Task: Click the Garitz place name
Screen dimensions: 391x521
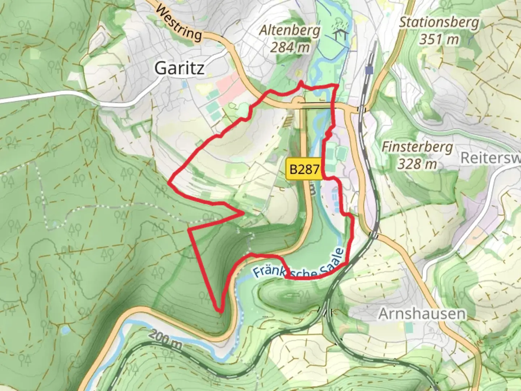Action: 179,68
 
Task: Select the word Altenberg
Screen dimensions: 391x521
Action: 290,31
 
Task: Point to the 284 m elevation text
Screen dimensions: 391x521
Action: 290,47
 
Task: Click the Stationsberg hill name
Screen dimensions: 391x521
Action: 439,22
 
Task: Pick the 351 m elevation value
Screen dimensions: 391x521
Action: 439,39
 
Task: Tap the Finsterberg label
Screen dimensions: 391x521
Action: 417,147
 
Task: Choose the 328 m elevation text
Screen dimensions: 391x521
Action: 417,164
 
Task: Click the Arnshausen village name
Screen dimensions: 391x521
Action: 422,314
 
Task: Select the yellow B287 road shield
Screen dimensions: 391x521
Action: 305,169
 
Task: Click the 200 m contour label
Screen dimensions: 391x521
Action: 165,340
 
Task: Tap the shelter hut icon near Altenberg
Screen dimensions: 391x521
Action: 342,34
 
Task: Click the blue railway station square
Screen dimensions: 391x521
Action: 369,70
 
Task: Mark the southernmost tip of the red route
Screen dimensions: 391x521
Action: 220,311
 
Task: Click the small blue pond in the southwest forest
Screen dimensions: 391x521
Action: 65,330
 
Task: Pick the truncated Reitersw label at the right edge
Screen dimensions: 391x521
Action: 490,158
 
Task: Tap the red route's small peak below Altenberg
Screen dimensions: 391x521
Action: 300,83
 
